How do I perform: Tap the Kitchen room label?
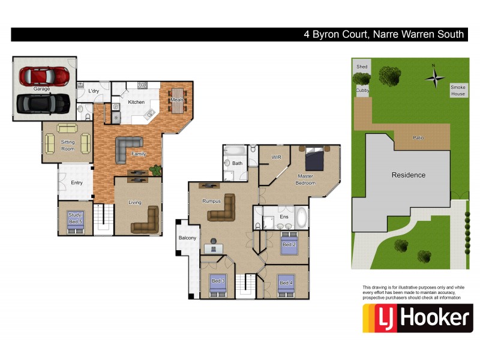[x=136, y=102]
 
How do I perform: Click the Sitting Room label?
[x=68, y=145]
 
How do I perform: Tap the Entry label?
[x=77, y=182]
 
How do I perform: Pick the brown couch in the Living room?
[x=145, y=220]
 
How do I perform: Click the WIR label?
[x=276, y=157]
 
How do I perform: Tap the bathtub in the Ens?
[x=301, y=217]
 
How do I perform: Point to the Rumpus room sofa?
[x=221, y=208]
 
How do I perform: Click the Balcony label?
[x=187, y=238]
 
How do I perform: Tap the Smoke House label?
[x=458, y=90]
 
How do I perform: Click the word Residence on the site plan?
[x=409, y=175]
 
